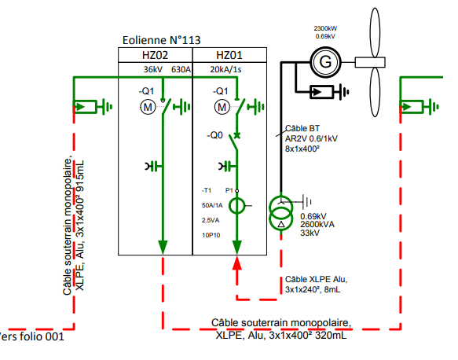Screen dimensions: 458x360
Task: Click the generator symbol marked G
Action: (x=325, y=62)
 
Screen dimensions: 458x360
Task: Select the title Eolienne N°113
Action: (x=162, y=40)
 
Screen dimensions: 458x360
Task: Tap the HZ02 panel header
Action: (x=155, y=55)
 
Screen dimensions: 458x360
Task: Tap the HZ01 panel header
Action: (x=229, y=55)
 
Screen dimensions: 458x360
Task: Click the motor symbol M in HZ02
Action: (x=148, y=107)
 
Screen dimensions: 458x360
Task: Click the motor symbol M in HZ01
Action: (x=222, y=107)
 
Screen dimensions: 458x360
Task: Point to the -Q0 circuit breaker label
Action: (x=214, y=135)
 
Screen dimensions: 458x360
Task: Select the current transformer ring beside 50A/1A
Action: (x=236, y=206)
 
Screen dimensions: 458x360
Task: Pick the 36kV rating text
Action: (x=153, y=69)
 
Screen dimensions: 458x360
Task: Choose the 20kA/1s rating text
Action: (x=225, y=69)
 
